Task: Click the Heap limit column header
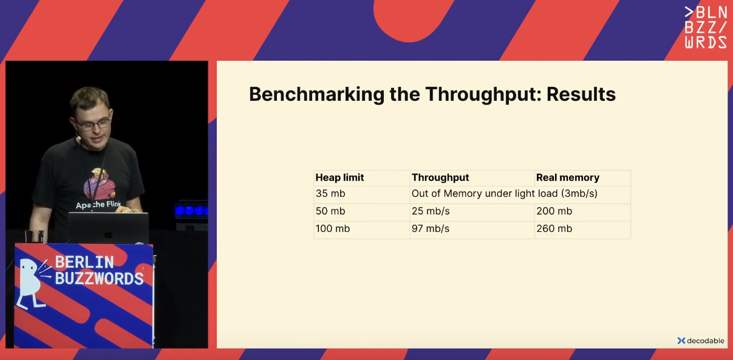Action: [x=339, y=177]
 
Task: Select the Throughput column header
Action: [x=440, y=177]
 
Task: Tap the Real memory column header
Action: [x=568, y=177]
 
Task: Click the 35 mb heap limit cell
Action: [x=330, y=194]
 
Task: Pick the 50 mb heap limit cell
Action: [x=330, y=211]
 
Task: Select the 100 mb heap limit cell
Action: [x=332, y=228]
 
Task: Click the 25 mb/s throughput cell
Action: [x=431, y=211]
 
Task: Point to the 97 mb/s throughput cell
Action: [x=431, y=228]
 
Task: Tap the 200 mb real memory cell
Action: [x=554, y=211]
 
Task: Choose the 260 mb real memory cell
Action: [x=554, y=228]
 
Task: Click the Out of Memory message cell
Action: [x=504, y=194]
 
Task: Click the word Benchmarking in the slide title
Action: [x=316, y=95]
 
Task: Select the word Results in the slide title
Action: [x=581, y=94]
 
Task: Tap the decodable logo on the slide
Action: [x=701, y=341]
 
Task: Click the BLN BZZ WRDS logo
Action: [x=706, y=27]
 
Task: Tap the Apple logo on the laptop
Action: [x=108, y=234]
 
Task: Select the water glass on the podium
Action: [x=35, y=236]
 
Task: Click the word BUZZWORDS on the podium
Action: [x=99, y=279]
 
